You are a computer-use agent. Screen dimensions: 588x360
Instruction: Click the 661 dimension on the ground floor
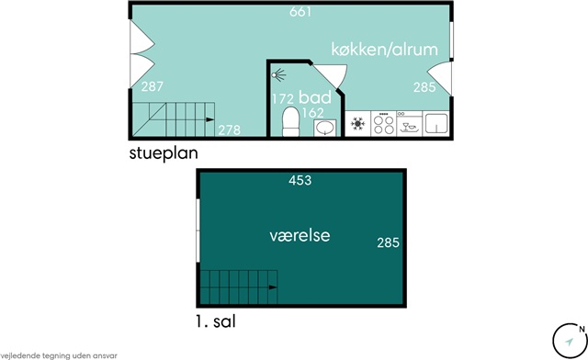300,12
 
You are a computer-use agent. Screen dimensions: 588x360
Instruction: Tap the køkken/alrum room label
384,50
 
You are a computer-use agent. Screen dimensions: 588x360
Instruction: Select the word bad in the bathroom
315,97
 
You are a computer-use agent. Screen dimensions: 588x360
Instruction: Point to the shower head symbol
277,75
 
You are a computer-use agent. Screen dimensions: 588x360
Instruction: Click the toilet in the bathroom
291,121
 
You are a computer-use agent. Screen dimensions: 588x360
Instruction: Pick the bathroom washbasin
324,128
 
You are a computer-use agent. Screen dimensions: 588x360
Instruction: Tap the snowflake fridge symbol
357,123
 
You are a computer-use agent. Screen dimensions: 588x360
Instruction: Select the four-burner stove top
384,124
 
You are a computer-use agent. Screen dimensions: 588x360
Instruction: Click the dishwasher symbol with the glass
409,124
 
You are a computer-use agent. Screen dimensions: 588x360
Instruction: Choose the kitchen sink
435,123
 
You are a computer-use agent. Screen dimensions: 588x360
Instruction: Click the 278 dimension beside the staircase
230,130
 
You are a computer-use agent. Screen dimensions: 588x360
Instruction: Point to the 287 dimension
153,86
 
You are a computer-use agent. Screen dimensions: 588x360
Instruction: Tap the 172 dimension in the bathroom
283,99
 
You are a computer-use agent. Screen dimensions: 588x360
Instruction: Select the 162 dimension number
312,112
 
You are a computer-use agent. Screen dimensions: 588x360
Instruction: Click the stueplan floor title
164,153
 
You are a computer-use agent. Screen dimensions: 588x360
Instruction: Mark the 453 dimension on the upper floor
300,180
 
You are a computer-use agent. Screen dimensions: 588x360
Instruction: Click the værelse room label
300,236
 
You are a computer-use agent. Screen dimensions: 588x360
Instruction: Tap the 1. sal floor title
216,321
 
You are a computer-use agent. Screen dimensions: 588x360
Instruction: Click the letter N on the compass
582,330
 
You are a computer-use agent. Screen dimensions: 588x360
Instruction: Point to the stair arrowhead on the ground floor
210,119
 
